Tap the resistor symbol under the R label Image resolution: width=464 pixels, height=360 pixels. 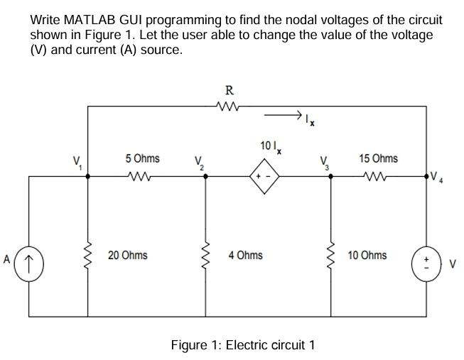tap(229, 107)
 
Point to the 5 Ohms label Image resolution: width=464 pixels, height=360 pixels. tap(142, 158)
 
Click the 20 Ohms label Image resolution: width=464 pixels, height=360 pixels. tap(128, 254)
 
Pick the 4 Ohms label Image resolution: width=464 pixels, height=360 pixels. tap(245, 254)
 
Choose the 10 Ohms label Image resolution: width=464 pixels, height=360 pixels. tap(367, 254)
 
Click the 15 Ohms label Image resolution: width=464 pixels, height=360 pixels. tap(378, 158)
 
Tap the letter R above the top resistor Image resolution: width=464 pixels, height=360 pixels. tap(229, 90)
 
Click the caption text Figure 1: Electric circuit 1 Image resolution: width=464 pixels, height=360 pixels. tap(242, 345)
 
